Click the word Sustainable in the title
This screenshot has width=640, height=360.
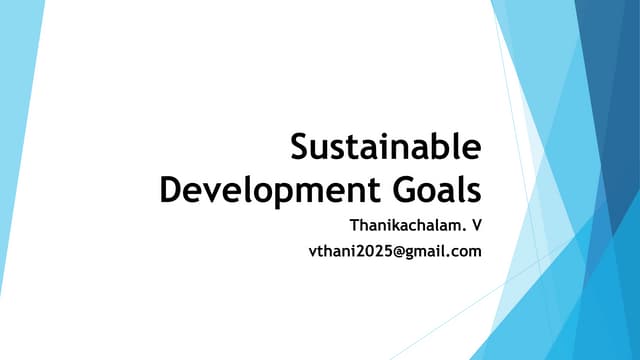coord(385,148)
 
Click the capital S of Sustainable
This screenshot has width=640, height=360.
coord(301,148)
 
